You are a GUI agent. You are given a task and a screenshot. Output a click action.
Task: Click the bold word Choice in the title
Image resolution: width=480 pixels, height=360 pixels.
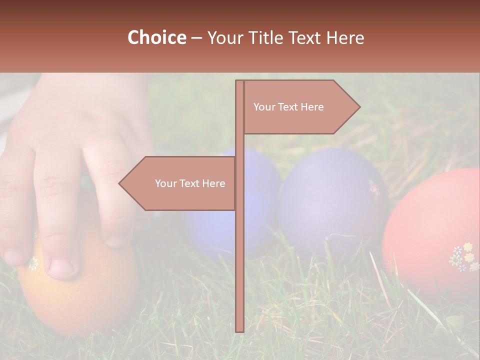[156, 37]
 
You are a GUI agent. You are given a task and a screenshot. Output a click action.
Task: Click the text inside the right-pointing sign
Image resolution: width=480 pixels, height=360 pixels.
[288, 107]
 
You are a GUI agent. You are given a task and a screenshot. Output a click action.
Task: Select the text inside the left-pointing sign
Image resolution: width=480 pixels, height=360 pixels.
[190, 183]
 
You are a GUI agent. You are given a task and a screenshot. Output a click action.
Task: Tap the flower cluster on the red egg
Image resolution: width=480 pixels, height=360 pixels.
[462, 256]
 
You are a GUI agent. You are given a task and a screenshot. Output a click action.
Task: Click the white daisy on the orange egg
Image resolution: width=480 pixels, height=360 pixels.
[33, 263]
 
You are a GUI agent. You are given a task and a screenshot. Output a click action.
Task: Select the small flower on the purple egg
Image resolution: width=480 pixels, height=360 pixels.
[374, 188]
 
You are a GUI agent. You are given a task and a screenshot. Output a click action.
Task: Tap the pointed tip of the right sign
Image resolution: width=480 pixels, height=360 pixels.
[358, 106]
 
